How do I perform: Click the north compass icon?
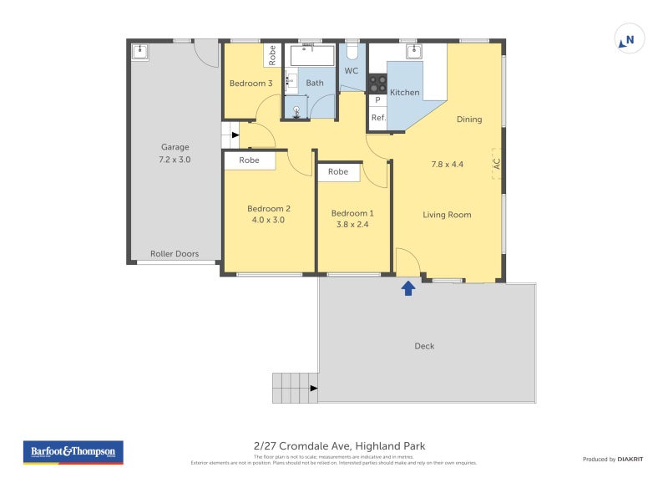click(x=630, y=39)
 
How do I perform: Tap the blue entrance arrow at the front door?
click(x=408, y=288)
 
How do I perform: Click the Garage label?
click(x=175, y=147)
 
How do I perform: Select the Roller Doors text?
click(x=175, y=254)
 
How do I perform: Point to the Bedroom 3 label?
click(x=250, y=84)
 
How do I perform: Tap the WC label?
click(x=352, y=71)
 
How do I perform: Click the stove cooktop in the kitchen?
click(x=378, y=84)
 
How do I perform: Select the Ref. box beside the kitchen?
click(x=378, y=118)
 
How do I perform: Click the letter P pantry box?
click(x=377, y=100)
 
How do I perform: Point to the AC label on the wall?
click(x=496, y=164)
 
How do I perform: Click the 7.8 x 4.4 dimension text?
click(x=448, y=164)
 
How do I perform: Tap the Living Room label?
click(x=447, y=215)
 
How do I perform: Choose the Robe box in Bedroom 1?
click(x=338, y=172)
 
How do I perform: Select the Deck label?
click(x=424, y=346)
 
